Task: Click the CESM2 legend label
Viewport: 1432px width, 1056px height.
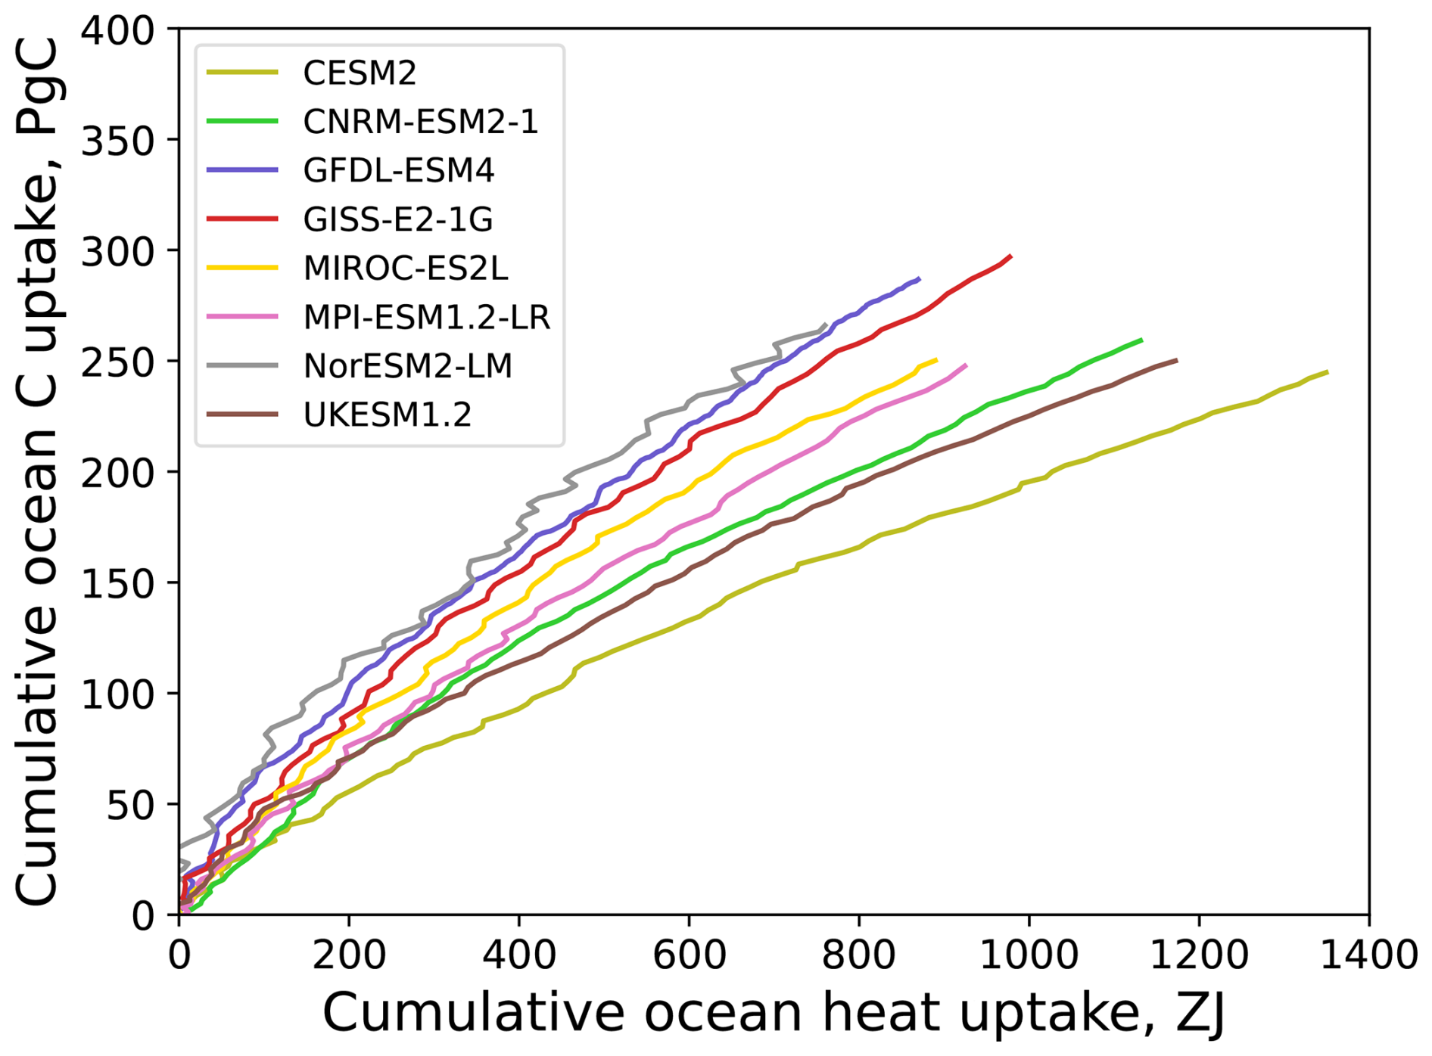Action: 360,73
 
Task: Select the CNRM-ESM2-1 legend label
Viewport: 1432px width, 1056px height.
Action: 420,122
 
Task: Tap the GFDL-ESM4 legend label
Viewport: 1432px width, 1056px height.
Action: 398,170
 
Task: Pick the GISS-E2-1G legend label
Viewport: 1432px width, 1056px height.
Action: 397,219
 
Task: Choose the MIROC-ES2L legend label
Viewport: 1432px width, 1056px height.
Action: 405,268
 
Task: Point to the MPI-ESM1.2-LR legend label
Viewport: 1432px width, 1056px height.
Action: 426,317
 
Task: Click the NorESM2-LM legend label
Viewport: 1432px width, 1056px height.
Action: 407,365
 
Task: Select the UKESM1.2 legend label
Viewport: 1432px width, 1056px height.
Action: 387,415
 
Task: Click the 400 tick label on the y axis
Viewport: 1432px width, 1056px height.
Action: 117,30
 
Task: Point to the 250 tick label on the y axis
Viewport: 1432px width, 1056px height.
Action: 117,362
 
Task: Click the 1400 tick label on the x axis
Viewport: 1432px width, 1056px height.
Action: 1368,956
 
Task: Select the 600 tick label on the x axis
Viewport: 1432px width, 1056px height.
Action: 689,956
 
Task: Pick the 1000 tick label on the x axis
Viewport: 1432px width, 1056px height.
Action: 1029,956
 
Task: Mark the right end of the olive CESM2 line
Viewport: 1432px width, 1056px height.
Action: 1328,372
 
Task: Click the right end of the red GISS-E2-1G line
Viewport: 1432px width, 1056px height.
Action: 1011,256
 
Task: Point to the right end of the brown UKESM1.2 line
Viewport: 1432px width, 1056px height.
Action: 1177,360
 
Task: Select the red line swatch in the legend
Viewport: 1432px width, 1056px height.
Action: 242,219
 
